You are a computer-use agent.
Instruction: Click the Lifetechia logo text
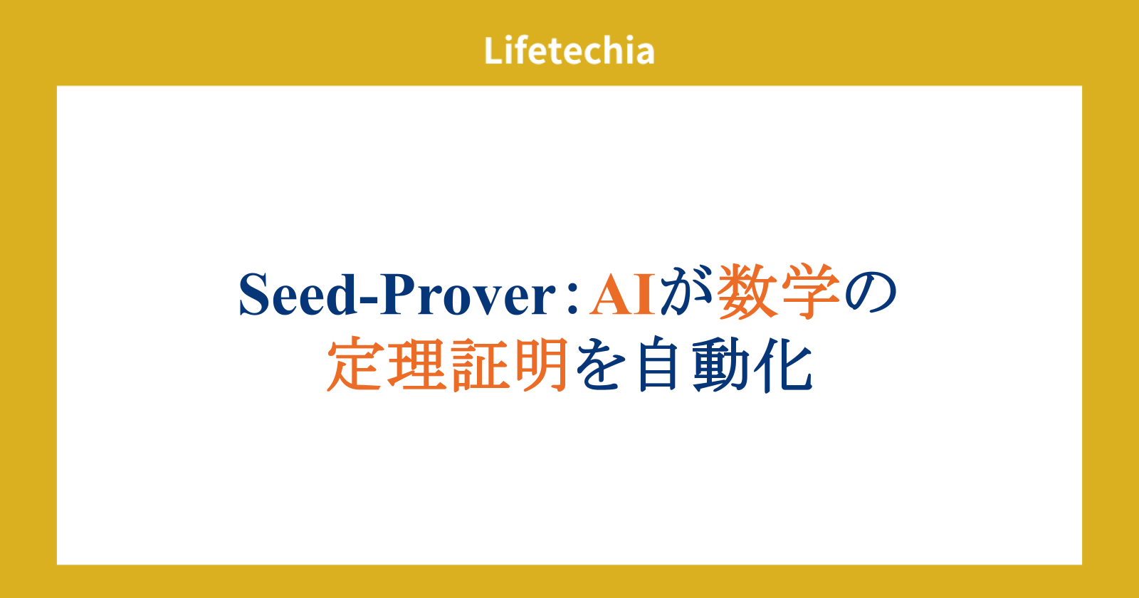(x=569, y=51)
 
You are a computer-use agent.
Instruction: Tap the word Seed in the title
(x=298, y=295)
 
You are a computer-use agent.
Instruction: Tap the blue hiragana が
(x=686, y=293)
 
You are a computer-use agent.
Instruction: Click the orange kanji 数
(x=747, y=292)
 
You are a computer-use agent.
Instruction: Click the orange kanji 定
(x=355, y=364)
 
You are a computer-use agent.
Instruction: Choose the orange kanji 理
(x=417, y=364)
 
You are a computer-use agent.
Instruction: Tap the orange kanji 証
(x=481, y=364)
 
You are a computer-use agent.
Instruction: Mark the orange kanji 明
(x=542, y=364)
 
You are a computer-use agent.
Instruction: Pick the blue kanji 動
(x=721, y=364)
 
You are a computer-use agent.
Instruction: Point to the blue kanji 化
(x=783, y=364)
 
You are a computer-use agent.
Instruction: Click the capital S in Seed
(x=253, y=295)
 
